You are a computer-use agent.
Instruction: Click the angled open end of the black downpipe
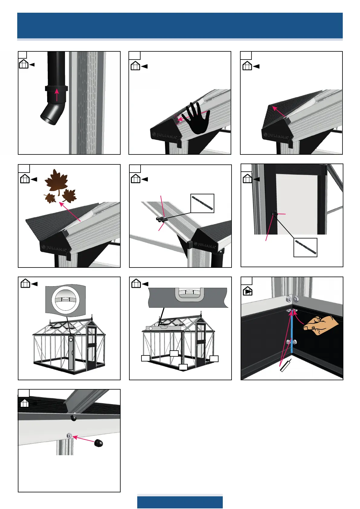point(49,118)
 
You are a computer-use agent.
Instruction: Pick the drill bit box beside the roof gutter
point(203,203)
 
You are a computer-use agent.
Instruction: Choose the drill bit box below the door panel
point(305,247)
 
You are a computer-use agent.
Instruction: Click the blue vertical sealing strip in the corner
point(292,332)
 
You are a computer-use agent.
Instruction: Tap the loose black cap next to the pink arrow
point(99,443)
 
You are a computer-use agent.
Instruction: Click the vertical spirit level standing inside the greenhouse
point(71,352)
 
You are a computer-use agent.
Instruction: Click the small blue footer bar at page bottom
point(180,502)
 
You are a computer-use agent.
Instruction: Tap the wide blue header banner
point(180,25)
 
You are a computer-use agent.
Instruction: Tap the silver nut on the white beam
point(69,436)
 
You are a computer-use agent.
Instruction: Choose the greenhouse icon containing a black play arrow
point(248,291)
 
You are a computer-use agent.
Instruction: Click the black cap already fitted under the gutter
point(73,418)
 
